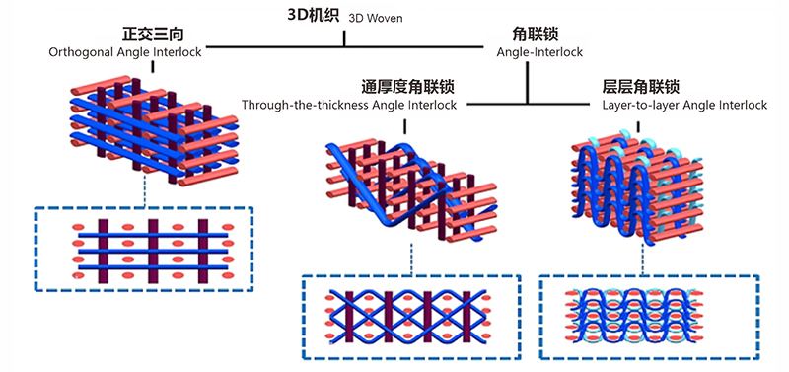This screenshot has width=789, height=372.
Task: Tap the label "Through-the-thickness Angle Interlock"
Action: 348,105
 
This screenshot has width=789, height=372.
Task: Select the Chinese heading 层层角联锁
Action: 639,87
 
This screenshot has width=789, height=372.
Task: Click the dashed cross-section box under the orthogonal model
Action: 143,248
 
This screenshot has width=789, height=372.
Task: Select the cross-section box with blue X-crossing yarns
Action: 407,315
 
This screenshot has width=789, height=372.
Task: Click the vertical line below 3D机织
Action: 344,37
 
